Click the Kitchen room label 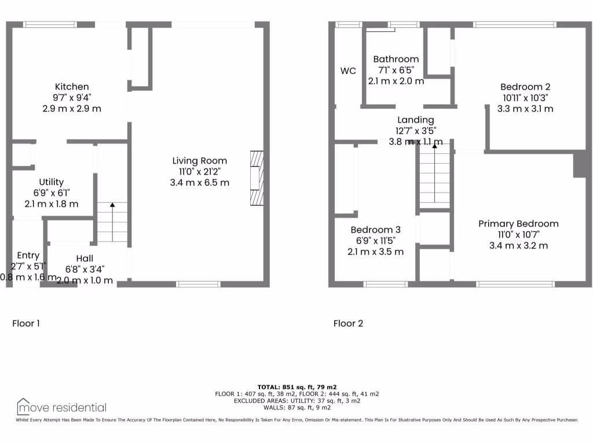[72, 87]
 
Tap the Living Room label [199, 161]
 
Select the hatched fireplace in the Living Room [256, 178]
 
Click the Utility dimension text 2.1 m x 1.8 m [52, 203]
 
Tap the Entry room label [28, 256]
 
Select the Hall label [84, 258]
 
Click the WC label [348, 71]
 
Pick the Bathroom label [396, 59]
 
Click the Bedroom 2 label [525, 87]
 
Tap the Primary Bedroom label [518, 224]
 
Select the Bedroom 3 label [375, 230]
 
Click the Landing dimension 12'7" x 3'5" [415, 131]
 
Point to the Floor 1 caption [26, 323]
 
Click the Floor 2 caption [348, 323]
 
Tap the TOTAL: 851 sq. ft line [296, 387]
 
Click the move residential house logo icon [23, 406]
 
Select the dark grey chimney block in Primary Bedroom [580, 165]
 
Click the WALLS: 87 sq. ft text [296, 406]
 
